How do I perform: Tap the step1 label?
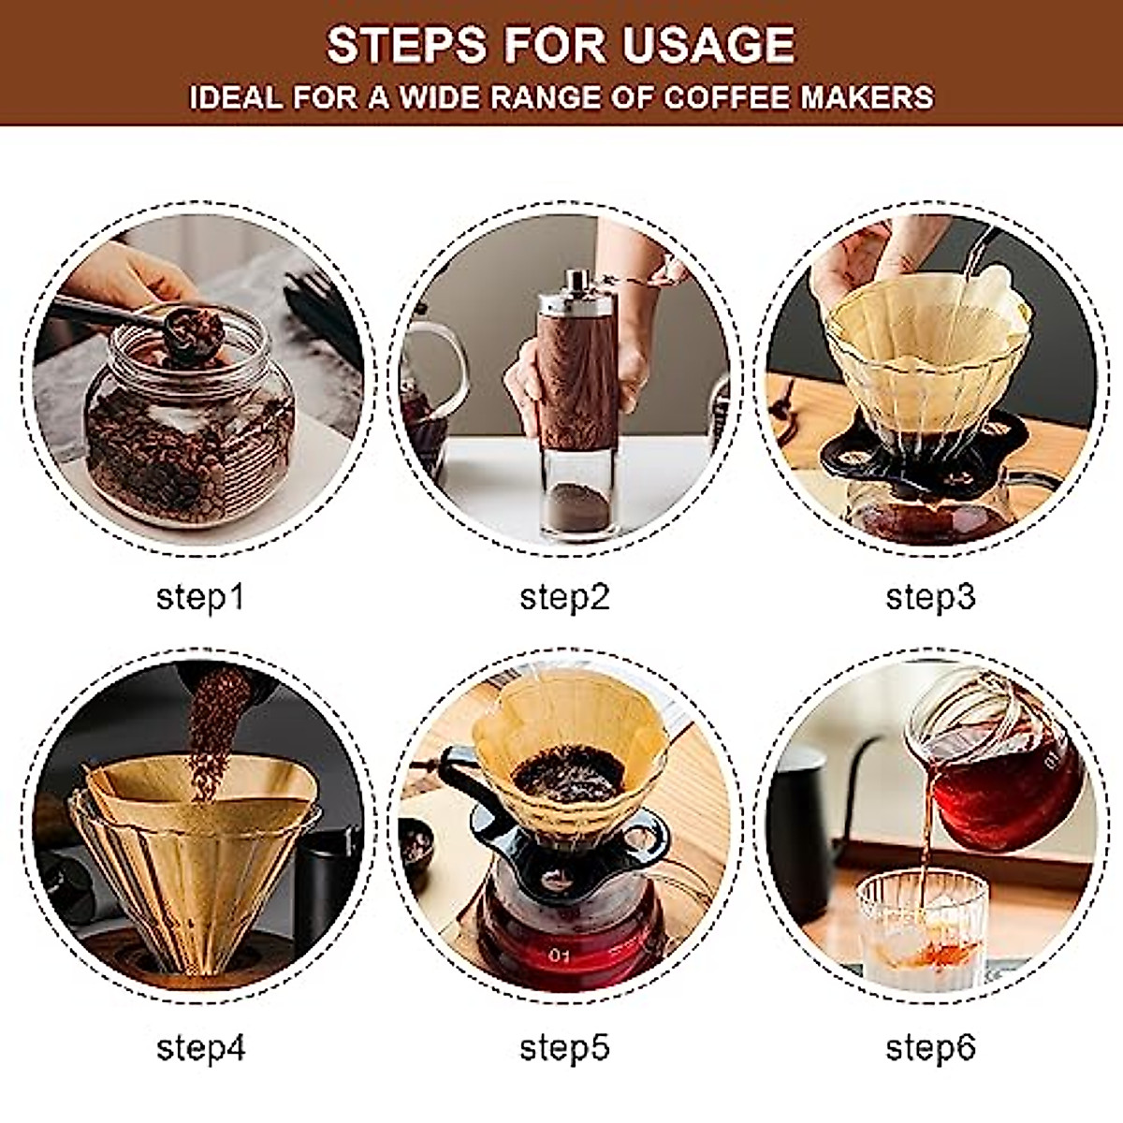[x=199, y=596]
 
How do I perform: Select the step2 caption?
[x=564, y=596]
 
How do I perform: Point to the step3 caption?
[x=930, y=596]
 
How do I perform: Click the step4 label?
[x=200, y=1047]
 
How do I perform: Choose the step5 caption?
[x=564, y=1047]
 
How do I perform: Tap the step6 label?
[x=930, y=1047]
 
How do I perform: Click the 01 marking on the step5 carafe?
[x=561, y=956]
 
